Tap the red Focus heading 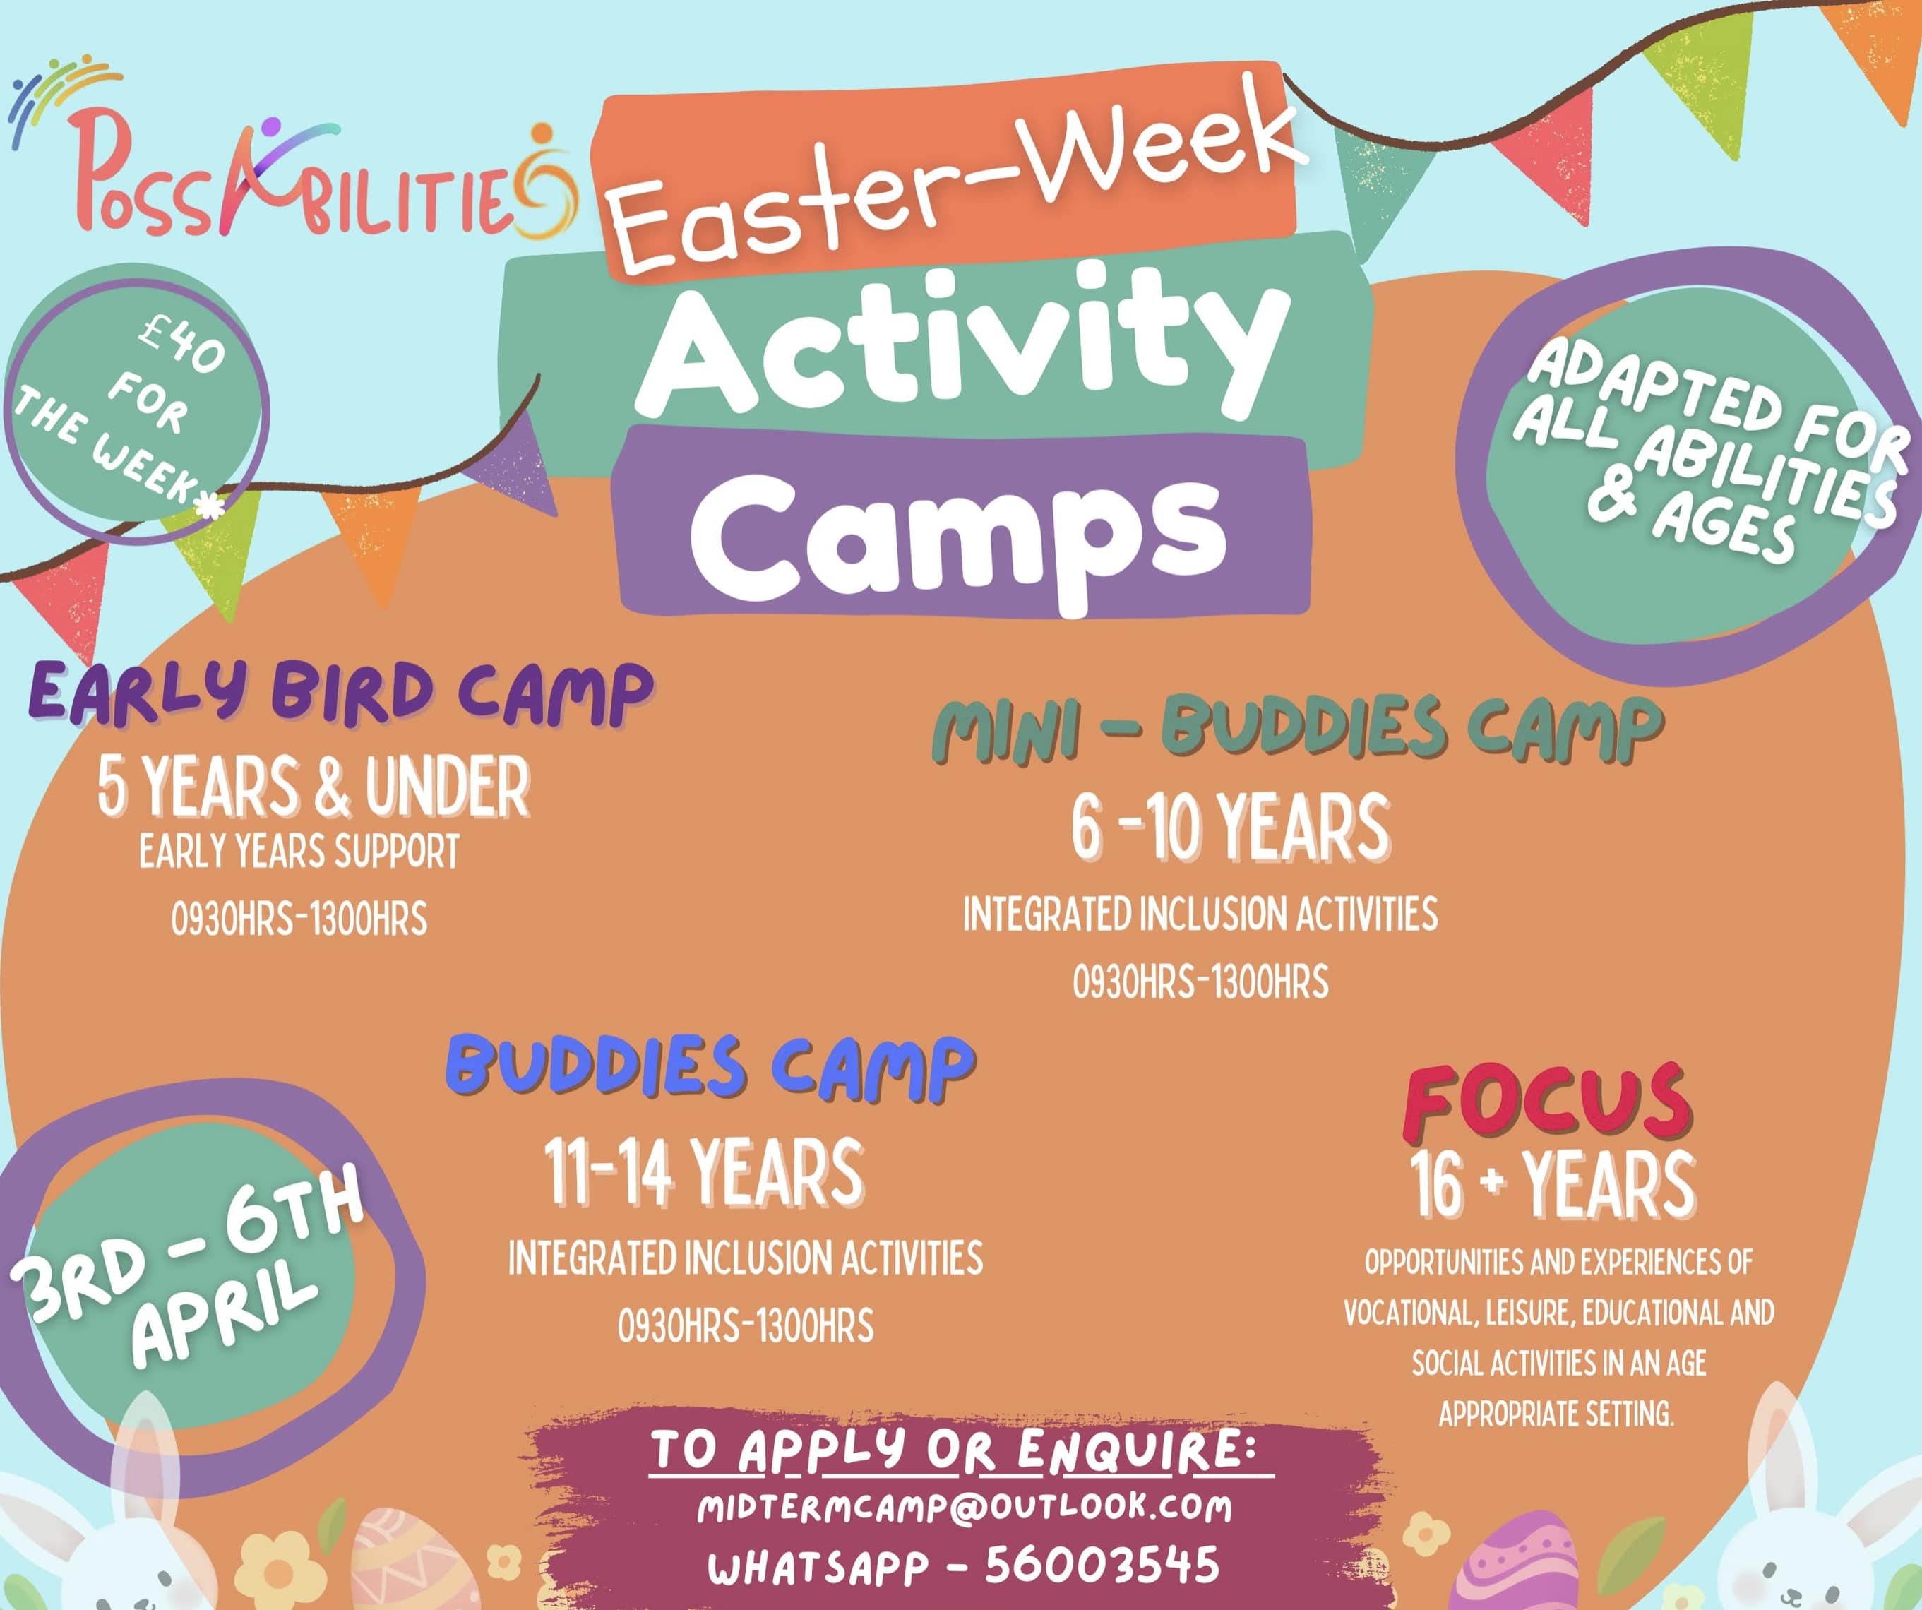(1548, 1103)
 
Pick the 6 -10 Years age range (1230, 828)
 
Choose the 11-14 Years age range (704, 1171)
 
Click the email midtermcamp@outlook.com (964, 1509)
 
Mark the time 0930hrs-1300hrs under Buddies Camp (746, 1326)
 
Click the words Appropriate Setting (1556, 1414)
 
